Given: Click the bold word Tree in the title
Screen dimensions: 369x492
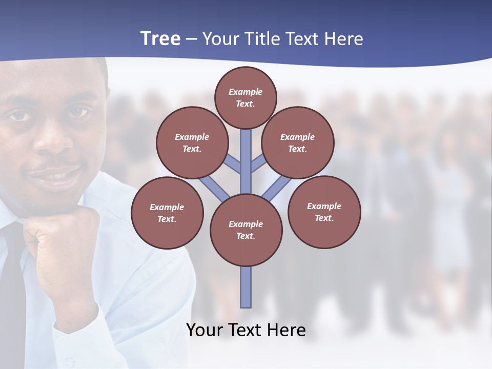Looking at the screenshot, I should click(x=160, y=39).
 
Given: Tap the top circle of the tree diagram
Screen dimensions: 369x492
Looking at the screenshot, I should click(x=245, y=97).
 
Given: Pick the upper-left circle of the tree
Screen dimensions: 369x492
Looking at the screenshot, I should click(x=192, y=142).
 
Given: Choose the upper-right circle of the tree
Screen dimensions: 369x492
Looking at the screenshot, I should click(x=298, y=142).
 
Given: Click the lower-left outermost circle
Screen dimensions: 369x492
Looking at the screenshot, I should click(x=167, y=213).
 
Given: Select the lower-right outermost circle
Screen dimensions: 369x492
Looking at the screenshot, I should click(x=324, y=212).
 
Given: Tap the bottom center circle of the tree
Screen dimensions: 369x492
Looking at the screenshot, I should click(x=246, y=230).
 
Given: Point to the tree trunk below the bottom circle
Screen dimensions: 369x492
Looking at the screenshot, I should click(x=246, y=287).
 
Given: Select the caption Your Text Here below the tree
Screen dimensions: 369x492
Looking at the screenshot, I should click(x=246, y=330).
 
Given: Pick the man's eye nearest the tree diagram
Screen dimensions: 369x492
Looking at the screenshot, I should click(x=78, y=113).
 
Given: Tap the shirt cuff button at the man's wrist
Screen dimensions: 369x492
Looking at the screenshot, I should click(x=69, y=362).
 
